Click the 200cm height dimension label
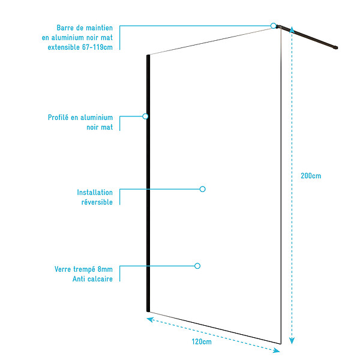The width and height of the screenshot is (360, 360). (x=311, y=176)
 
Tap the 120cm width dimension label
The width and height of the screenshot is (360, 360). (x=202, y=341)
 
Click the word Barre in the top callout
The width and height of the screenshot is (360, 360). (x=65, y=28)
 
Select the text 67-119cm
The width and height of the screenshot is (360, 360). (x=97, y=47)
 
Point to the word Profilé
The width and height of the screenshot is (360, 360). (x=58, y=118)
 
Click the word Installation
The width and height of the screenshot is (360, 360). (x=95, y=193)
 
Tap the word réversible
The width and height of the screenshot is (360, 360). (x=97, y=202)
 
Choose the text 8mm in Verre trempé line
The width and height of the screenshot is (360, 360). (x=105, y=269)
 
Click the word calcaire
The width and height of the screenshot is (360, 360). (x=99, y=279)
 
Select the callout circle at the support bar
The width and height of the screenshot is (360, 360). (x=273, y=26)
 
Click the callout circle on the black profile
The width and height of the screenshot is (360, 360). (x=145, y=116)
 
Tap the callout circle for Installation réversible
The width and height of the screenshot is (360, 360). (x=202, y=189)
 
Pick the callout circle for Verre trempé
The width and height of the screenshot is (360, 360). (x=197, y=266)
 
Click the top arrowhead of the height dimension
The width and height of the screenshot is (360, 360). (x=292, y=29)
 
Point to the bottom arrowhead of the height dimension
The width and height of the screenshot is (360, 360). (x=292, y=341)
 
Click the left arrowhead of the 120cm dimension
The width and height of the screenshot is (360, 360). (x=150, y=319)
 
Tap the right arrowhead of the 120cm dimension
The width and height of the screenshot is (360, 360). (x=277, y=350)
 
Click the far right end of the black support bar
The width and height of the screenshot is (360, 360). (x=337, y=48)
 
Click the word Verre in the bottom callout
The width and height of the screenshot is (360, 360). (x=62, y=269)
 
